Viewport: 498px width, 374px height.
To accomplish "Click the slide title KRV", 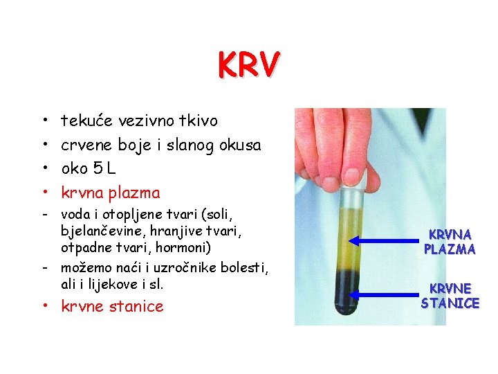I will (x=248, y=66).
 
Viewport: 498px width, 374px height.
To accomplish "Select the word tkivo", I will (x=199, y=121).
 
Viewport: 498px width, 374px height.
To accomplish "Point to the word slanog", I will (x=192, y=145).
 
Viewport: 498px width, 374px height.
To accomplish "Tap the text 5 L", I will (x=111, y=169).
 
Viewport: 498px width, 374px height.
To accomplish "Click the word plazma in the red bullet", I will (x=136, y=193).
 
